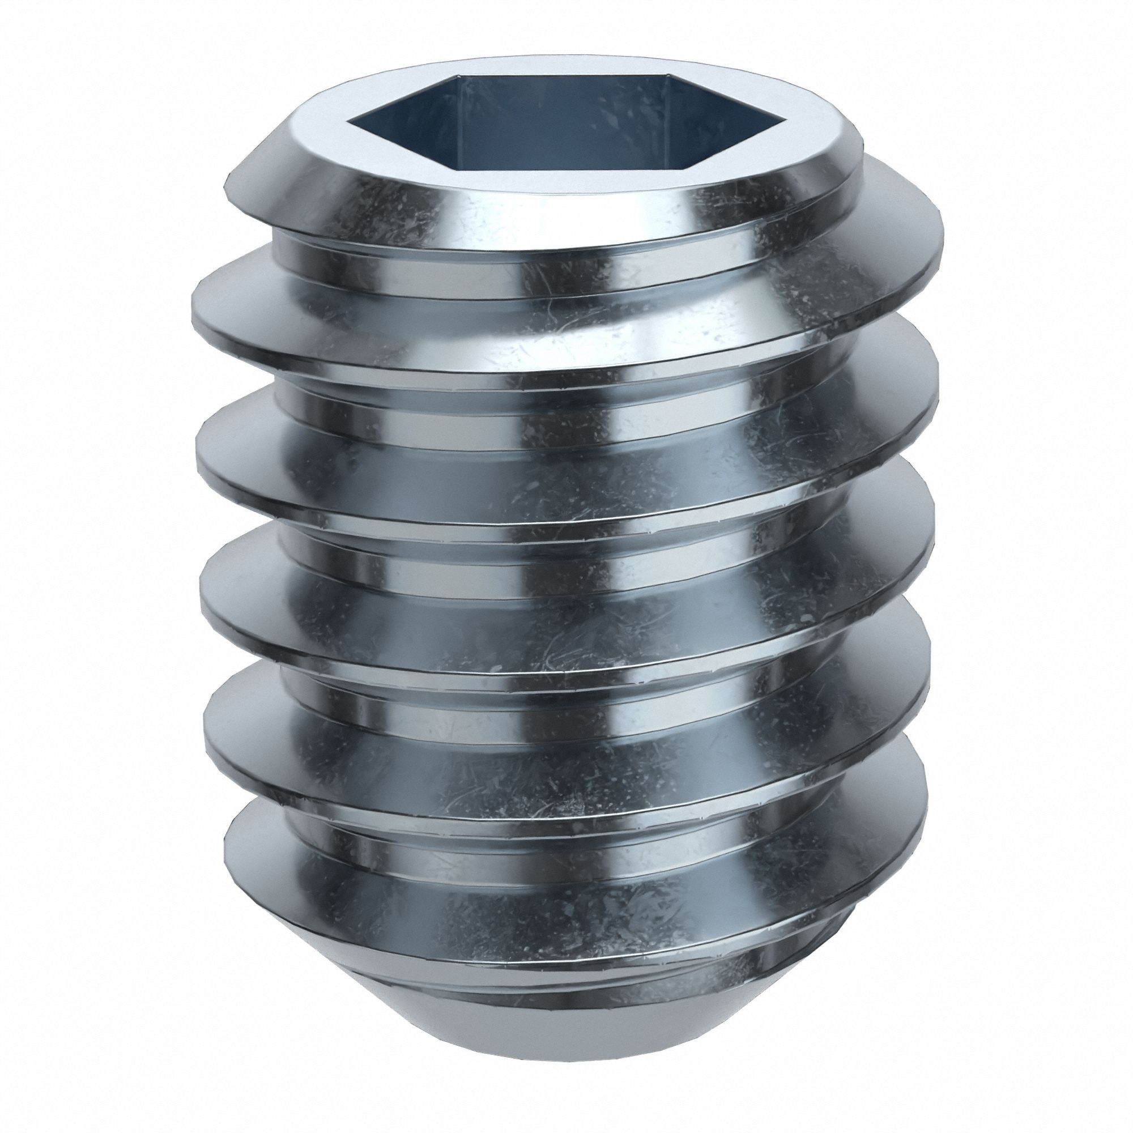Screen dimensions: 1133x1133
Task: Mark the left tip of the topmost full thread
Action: (194, 305)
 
